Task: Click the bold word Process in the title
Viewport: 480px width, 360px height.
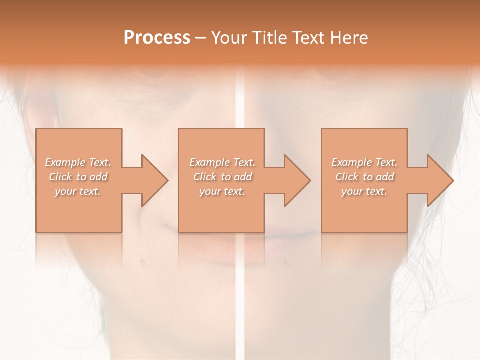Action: click(x=157, y=38)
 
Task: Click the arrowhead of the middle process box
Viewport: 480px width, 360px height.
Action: click(x=297, y=180)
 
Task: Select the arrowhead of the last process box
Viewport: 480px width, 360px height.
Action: click(x=440, y=180)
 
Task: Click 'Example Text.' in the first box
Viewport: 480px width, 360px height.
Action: click(x=78, y=162)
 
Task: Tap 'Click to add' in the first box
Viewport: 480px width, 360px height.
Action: click(x=78, y=177)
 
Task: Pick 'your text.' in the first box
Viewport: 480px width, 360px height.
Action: click(x=78, y=191)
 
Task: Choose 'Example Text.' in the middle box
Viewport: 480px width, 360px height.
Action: click(x=222, y=162)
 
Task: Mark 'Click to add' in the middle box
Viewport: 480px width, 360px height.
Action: click(x=222, y=177)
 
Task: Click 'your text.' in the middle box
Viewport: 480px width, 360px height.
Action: click(x=222, y=191)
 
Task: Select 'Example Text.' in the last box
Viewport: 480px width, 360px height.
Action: click(x=364, y=162)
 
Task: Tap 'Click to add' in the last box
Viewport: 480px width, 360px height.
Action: click(x=364, y=177)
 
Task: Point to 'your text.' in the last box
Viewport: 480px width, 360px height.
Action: click(x=364, y=191)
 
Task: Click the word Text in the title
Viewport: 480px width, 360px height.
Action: click(x=307, y=38)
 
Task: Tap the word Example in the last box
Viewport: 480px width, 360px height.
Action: click(x=352, y=162)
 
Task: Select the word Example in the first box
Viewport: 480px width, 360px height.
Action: click(x=65, y=162)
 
